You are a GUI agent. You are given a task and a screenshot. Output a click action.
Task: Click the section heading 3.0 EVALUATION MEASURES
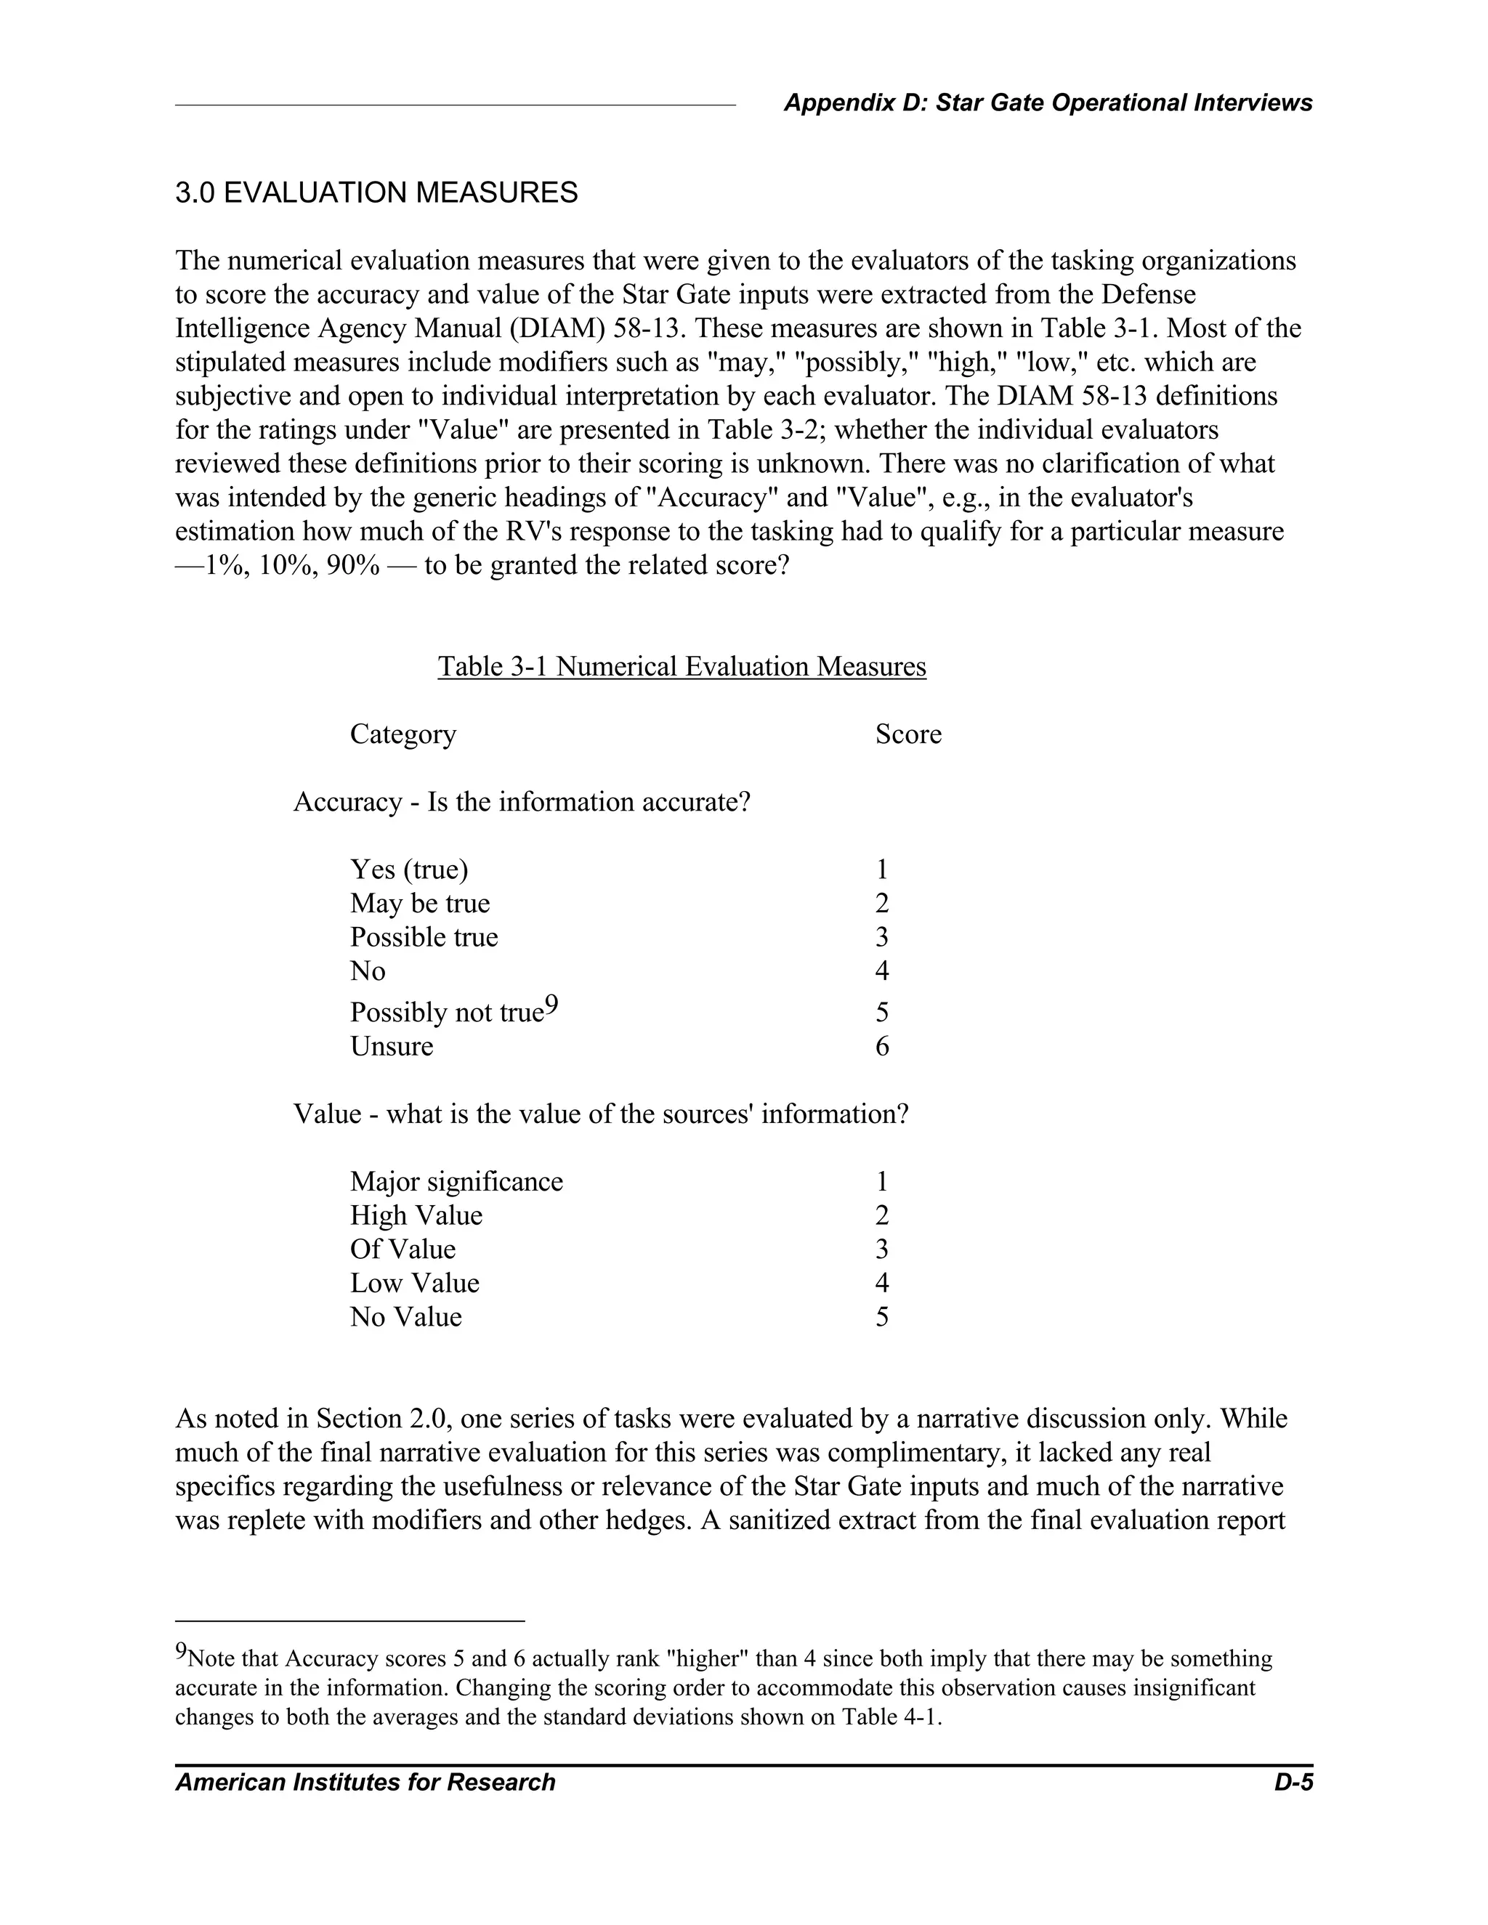(x=376, y=193)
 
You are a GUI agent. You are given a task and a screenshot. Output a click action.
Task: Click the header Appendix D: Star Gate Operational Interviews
(x=1047, y=103)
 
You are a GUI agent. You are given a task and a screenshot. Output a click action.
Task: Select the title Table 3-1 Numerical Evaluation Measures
(x=682, y=666)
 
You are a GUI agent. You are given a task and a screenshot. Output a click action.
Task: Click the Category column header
(x=403, y=734)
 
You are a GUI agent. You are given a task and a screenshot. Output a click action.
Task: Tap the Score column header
(x=908, y=734)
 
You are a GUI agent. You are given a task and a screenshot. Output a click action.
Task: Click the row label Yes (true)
(x=409, y=870)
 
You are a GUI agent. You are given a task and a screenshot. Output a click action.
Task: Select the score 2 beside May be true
(x=881, y=904)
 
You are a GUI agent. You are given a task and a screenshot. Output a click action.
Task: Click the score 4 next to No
(x=881, y=971)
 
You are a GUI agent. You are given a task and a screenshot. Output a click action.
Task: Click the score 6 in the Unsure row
(x=881, y=1047)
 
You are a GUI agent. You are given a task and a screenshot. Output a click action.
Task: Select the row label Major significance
(x=456, y=1182)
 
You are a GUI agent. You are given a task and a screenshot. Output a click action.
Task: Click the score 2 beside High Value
(x=881, y=1216)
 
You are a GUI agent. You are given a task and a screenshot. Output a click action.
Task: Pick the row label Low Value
(x=414, y=1284)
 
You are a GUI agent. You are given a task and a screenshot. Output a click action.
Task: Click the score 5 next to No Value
(x=881, y=1318)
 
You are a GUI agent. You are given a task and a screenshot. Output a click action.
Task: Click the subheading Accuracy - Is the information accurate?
(x=521, y=802)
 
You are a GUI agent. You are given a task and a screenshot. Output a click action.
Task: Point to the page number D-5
(x=1293, y=1783)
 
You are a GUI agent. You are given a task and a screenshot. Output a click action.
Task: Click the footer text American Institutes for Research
(x=365, y=1783)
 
